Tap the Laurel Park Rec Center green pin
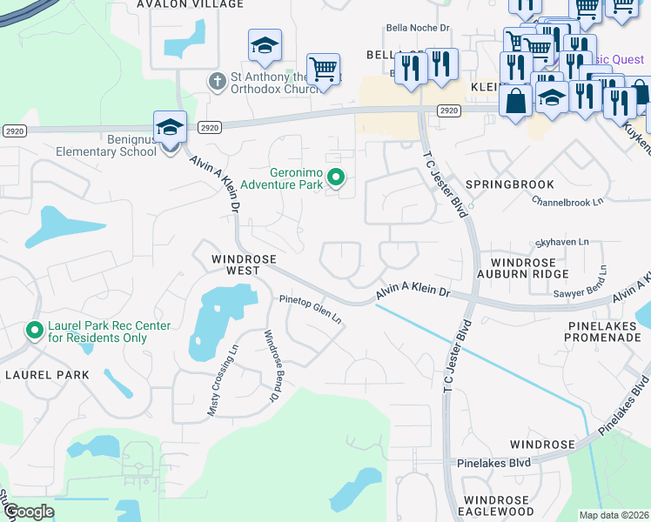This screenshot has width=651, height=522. [x=34, y=331]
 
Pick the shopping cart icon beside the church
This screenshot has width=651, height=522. [x=323, y=69]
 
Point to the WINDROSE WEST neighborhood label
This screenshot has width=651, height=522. [x=244, y=265]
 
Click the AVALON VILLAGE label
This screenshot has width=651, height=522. [x=190, y=4]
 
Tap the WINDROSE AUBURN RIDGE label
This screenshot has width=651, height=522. [x=522, y=267]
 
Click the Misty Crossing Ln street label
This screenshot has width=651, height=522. [x=223, y=380]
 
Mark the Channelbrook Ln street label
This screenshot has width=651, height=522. [x=567, y=200]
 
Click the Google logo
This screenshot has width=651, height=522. [x=28, y=512]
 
